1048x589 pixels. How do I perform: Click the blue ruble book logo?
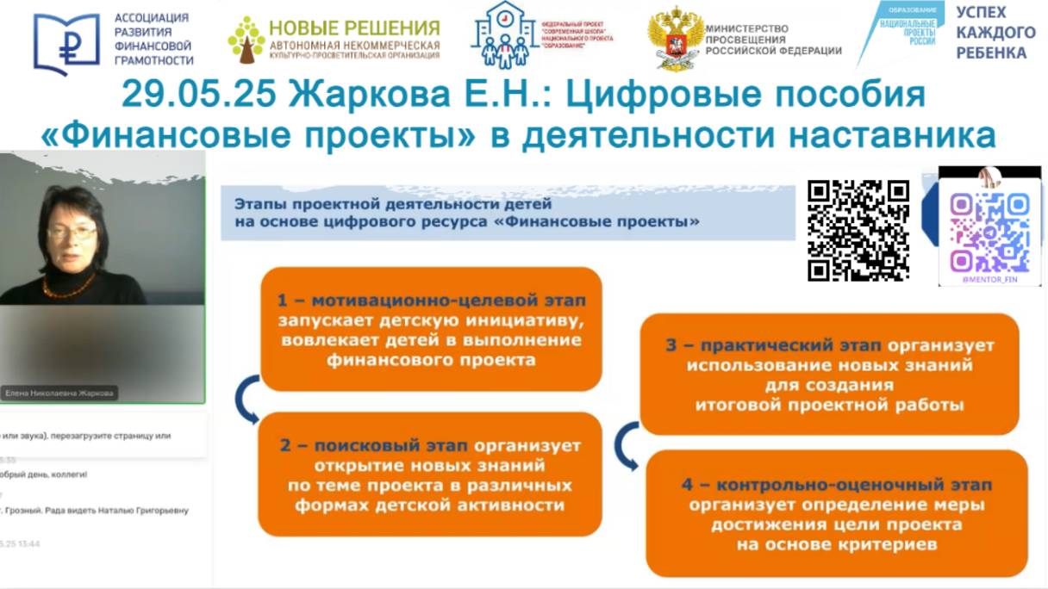(x=66, y=44)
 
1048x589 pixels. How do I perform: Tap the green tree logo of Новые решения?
(x=246, y=40)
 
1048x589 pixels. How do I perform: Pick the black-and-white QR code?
(x=858, y=230)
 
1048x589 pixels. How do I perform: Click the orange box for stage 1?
(x=430, y=329)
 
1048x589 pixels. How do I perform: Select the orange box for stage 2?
(x=430, y=474)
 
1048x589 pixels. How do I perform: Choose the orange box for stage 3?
(x=829, y=374)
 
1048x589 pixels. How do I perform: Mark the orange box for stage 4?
(x=837, y=514)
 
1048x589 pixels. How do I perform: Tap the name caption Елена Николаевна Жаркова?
(x=59, y=393)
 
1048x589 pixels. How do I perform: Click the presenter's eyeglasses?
(x=72, y=232)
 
